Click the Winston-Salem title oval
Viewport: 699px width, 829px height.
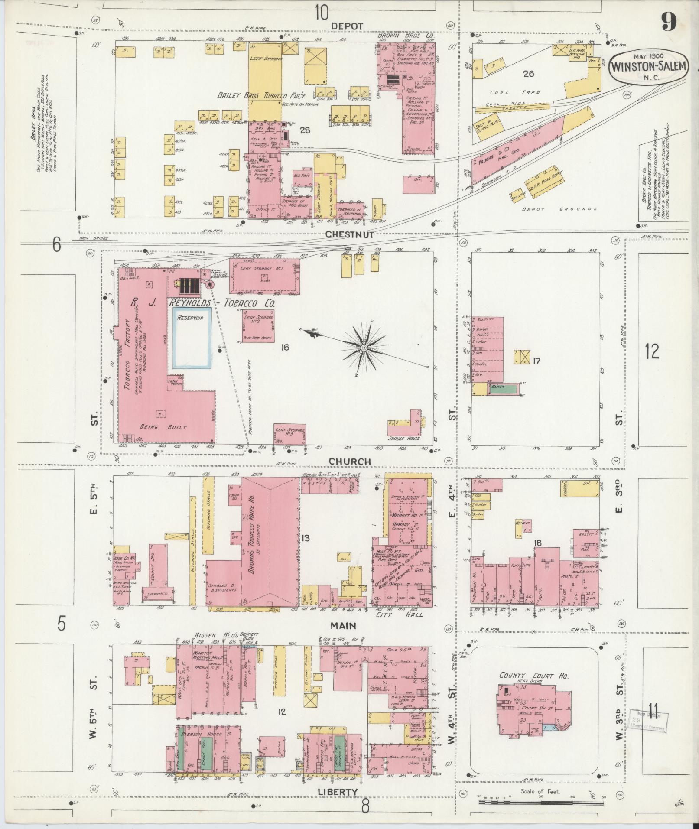pos(648,66)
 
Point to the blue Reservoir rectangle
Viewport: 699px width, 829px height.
pos(192,338)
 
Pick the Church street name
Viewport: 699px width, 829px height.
pos(350,462)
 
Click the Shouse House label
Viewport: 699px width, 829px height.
pos(404,439)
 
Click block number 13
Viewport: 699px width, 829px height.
pos(306,538)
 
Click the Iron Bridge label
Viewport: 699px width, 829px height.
pos(93,238)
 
